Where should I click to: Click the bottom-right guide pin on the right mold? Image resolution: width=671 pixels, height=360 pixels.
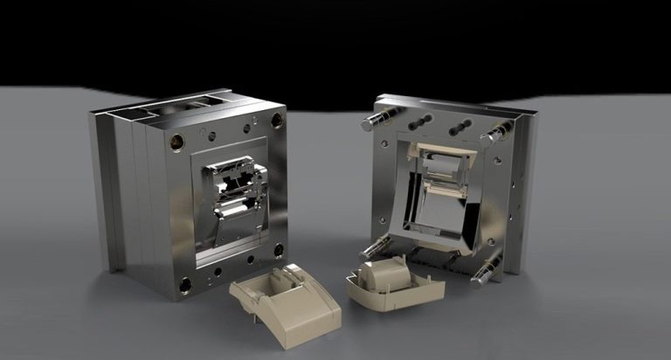coord(485,271)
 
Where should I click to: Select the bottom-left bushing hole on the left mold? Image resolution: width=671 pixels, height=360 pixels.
coord(185,284)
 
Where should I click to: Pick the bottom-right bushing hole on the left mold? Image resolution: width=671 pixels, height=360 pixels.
coord(279,250)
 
